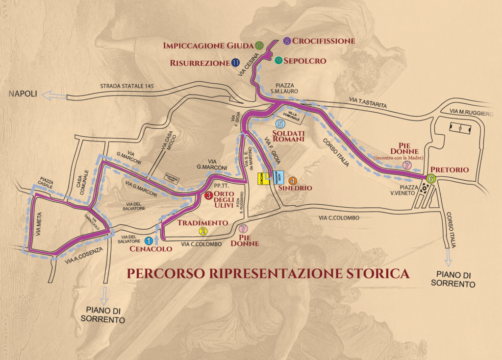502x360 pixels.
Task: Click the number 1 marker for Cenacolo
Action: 148,240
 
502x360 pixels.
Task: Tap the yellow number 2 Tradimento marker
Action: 203,231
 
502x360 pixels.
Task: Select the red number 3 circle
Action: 208,196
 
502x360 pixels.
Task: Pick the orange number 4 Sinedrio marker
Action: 293,180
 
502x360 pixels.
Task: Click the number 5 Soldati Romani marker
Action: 280,124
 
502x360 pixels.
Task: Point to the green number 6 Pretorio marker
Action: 431,179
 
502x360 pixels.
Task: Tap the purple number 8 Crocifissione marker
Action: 287,41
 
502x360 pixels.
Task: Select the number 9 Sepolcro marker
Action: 278,61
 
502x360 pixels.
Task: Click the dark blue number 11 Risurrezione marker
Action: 235,63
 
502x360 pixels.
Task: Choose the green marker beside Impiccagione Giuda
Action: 259,46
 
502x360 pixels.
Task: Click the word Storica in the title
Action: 378,272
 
